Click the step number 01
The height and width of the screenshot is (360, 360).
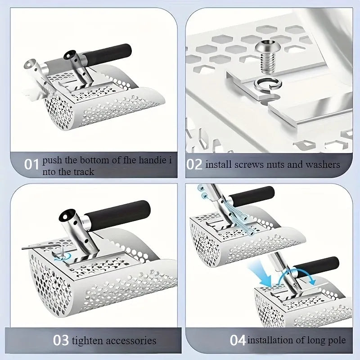coord(31,164)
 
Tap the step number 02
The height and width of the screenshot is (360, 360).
coord(194,164)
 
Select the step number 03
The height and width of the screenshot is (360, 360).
coord(61,340)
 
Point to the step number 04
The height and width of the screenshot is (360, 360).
coord(238,340)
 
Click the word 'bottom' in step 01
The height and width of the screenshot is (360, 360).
coord(93,160)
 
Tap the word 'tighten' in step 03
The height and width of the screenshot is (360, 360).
coord(87,341)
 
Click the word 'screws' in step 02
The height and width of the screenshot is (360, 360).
coord(249,165)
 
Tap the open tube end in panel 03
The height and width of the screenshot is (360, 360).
coord(67,216)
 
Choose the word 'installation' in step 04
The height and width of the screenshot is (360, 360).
coord(269,340)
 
